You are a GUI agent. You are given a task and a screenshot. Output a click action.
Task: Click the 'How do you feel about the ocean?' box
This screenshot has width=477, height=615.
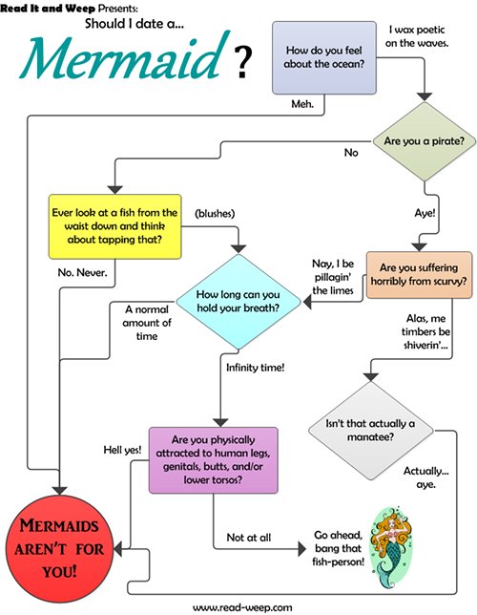click(x=324, y=58)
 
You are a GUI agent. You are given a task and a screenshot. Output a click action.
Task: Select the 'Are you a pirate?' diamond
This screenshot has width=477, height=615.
click(x=425, y=141)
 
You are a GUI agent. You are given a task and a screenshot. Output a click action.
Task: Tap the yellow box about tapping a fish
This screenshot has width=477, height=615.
click(x=114, y=226)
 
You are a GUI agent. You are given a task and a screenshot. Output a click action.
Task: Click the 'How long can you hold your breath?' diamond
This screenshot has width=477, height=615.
click(x=238, y=301)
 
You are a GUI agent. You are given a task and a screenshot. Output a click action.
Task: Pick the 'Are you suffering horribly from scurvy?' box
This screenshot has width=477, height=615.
click(x=419, y=275)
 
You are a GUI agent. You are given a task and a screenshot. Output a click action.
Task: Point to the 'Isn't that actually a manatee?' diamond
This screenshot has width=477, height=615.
click(x=370, y=431)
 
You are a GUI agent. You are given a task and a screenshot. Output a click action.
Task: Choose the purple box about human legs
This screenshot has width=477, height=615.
click(x=214, y=460)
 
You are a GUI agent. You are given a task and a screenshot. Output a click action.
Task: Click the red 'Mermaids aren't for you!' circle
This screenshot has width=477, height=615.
click(x=59, y=549)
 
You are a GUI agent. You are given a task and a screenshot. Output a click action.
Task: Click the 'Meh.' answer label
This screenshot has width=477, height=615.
click(x=302, y=104)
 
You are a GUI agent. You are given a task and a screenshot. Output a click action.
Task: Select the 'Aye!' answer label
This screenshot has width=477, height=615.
click(x=425, y=213)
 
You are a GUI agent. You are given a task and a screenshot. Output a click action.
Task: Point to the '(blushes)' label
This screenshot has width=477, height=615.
click(x=215, y=213)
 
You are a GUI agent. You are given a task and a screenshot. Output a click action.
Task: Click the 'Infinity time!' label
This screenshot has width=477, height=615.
click(x=255, y=368)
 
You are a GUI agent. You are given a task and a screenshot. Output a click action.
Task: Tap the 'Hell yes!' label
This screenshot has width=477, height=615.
click(x=122, y=450)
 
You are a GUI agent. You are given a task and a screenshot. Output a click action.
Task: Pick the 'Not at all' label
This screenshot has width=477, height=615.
click(x=249, y=538)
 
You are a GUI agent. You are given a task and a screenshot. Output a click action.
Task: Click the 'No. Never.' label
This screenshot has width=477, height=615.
click(x=82, y=272)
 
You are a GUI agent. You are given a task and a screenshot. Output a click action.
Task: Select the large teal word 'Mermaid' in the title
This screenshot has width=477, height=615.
click(x=125, y=57)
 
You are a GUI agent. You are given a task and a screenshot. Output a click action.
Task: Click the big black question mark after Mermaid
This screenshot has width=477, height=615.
click(x=242, y=62)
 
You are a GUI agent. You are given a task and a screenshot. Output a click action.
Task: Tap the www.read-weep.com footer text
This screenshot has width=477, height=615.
click(x=242, y=607)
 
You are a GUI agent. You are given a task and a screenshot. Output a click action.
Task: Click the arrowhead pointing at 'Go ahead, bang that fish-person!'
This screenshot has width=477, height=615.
click(x=301, y=548)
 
